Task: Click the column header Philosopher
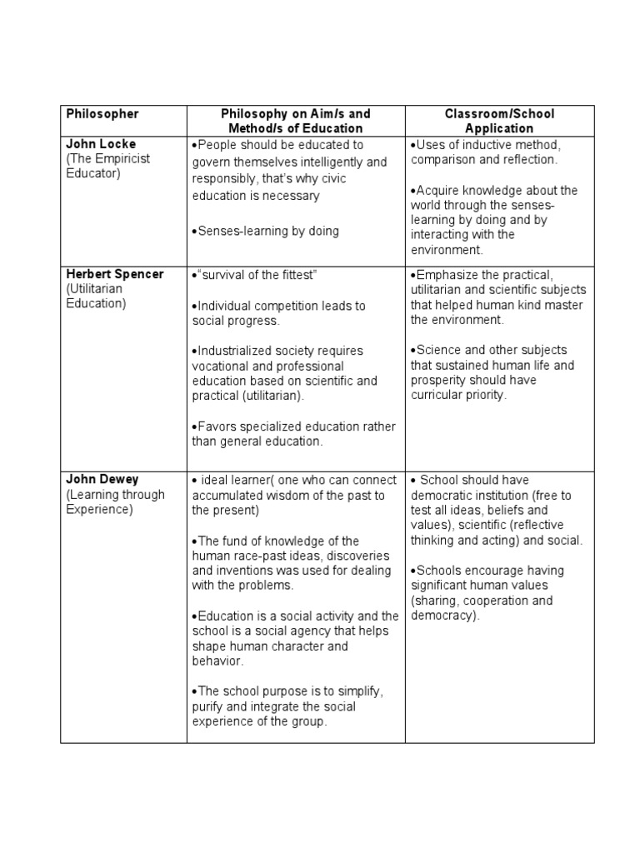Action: pyautogui.click(x=102, y=113)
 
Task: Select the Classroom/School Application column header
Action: pyautogui.click(x=498, y=121)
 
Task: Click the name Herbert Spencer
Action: pyautogui.click(x=115, y=274)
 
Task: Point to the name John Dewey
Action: pyautogui.click(x=102, y=480)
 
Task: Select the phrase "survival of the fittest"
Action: pyautogui.click(x=258, y=275)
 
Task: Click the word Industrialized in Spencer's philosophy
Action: pyautogui.click(x=237, y=351)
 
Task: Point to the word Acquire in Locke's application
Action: pyautogui.click(x=438, y=190)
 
